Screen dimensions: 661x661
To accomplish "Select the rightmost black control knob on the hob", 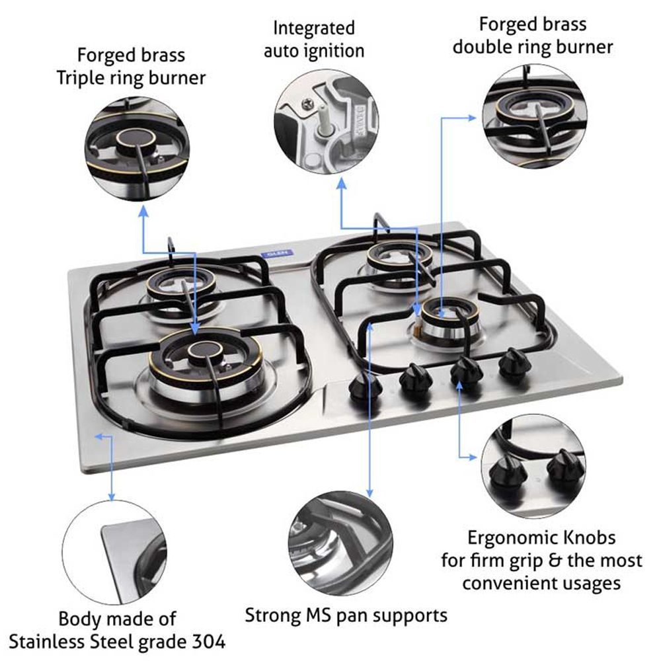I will (x=514, y=362).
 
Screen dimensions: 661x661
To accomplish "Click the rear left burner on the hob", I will (x=175, y=287).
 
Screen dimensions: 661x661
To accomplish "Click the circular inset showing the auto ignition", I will (x=326, y=125).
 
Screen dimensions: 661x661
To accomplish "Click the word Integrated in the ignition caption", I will (x=313, y=28).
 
